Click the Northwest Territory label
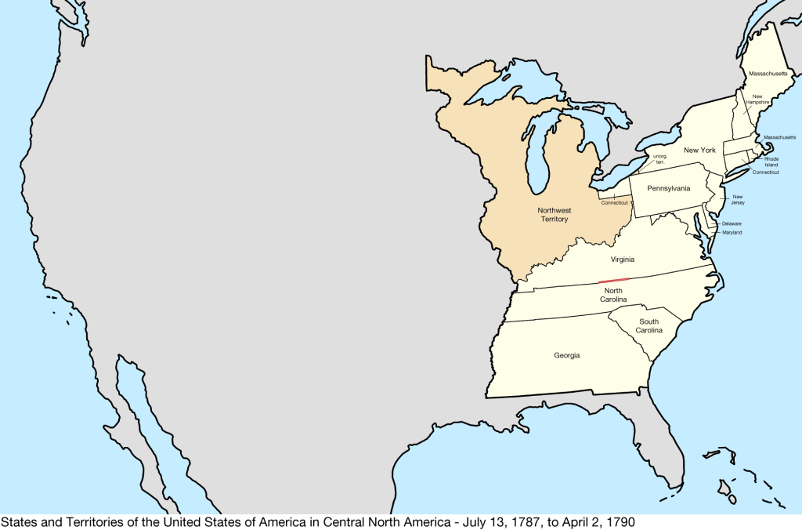(x=554, y=214)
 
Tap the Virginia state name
(x=623, y=260)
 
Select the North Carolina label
(x=613, y=295)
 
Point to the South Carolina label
(x=648, y=326)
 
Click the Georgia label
(x=566, y=355)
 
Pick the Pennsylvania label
(x=669, y=189)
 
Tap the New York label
(x=699, y=150)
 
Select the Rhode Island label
(x=771, y=162)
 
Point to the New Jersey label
(x=738, y=200)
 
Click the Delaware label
(x=732, y=223)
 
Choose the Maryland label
(x=732, y=233)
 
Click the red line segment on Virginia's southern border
(x=613, y=280)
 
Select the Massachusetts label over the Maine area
(x=768, y=73)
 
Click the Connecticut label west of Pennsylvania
(x=615, y=203)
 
